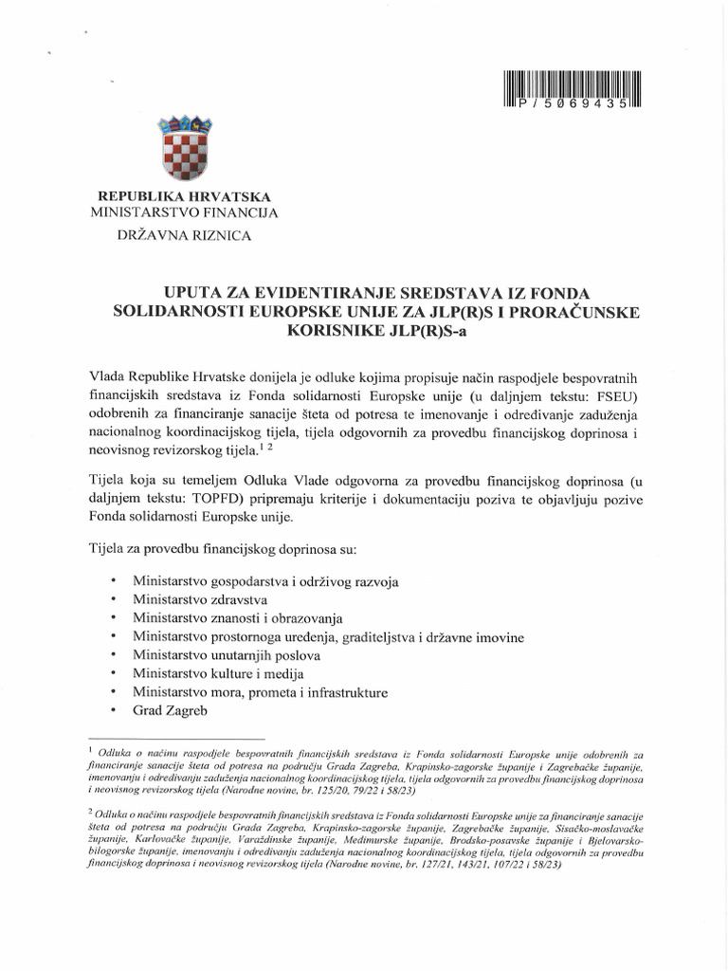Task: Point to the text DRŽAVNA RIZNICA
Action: [x=184, y=237]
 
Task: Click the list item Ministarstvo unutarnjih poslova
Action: [x=227, y=655]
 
